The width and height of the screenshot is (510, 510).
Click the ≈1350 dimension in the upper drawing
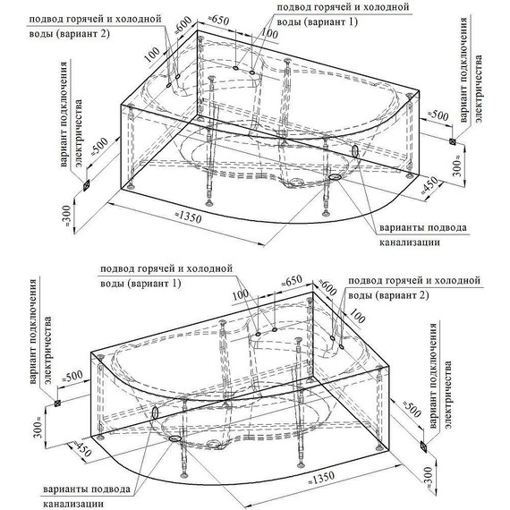tap(188, 217)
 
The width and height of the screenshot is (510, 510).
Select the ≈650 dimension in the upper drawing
tap(217, 21)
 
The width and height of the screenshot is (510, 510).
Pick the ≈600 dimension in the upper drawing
tap(183, 25)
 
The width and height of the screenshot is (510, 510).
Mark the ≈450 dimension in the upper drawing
tap(429, 186)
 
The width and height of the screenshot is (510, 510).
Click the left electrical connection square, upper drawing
tap(86, 186)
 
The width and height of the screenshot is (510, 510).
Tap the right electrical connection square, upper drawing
tap(452, 141)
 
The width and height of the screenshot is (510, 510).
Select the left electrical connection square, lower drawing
tap(57, 404)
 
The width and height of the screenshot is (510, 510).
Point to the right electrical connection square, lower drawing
tap(423, 446)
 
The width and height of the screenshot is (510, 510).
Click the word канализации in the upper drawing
tap(410, 242)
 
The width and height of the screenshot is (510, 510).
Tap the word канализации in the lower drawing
tap(74, 504)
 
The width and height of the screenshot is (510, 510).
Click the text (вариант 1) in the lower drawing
tap(155, 284)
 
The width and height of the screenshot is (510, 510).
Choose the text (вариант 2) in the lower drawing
tap(403, 295)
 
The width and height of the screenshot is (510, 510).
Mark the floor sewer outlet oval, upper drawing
tap(335, 177)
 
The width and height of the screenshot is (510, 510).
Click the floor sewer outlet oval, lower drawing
tap(175, 438)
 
